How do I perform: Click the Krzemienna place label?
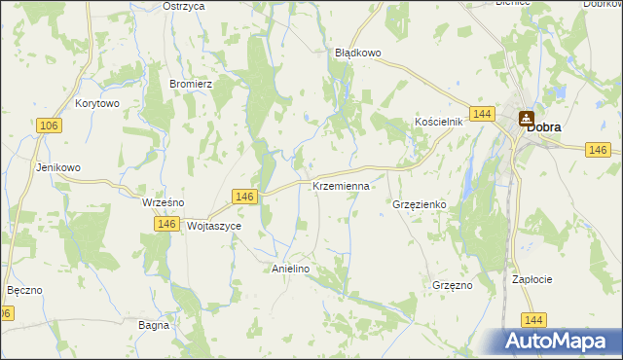click(341, 185)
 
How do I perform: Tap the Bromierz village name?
click(191, 84)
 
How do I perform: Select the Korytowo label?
click(96, 102)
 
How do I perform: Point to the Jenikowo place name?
click(57, 167)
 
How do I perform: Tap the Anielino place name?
click(290, 270)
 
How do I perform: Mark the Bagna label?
click(154, 325)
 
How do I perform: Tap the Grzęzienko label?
click(419, 205)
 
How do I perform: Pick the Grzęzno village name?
click(452, 285)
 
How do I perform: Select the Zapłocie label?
click(532, 279)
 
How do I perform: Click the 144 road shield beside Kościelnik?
click(481, 114)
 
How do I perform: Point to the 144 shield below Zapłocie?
click(532, 319)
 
